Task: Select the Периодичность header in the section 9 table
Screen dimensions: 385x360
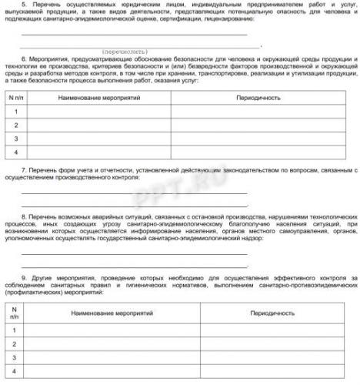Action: click(272, 314)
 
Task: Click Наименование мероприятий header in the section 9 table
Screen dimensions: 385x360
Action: click(112, 314)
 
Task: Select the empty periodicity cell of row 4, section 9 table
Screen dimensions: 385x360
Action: click(272, 373)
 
